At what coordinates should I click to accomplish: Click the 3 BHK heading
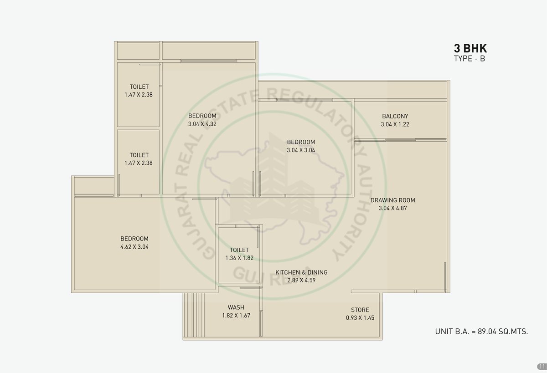point(470,48)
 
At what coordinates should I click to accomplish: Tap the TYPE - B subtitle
point(470,59)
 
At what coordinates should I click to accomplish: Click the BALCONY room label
point(395,116)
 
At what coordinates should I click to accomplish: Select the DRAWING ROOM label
point(392,200)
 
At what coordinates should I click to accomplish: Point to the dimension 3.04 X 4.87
point(392,208)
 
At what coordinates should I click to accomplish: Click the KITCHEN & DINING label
point(301,272)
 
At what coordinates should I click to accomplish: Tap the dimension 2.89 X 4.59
point(301,280)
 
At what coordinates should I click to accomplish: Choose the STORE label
point(360,310)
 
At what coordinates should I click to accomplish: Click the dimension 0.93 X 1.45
point(360,317)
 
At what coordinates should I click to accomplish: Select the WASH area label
point(236,307)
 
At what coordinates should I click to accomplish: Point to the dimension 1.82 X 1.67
point(236,316)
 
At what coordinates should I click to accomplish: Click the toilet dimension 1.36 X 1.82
point(239,258)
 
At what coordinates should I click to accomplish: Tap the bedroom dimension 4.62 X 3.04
point(134,247)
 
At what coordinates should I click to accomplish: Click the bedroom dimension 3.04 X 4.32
point(202,124)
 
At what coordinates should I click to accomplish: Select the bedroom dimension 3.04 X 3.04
point(301,150)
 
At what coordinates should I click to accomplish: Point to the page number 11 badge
point(542,367)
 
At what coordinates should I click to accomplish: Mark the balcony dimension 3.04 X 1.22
point(395,124)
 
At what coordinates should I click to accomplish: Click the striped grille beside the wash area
point(194,315)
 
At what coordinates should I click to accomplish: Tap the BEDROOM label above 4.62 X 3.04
point(134,239)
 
